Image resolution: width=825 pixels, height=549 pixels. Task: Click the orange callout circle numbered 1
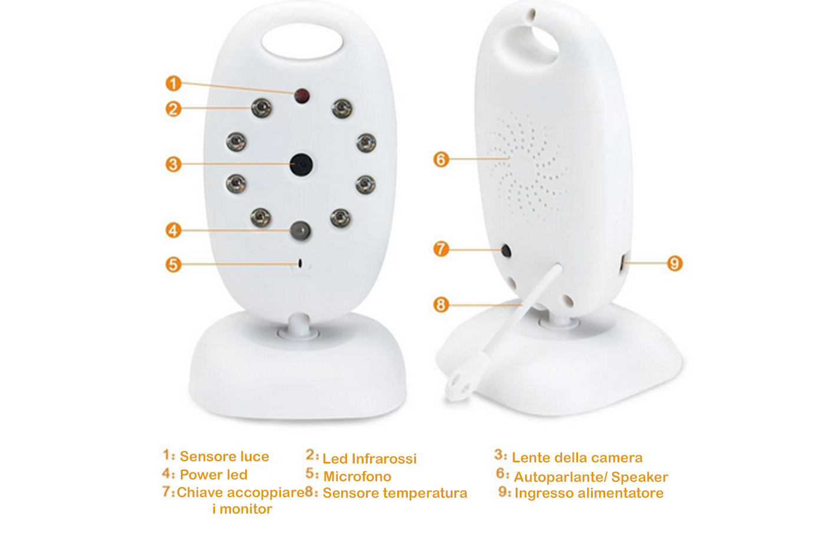(x=173, y=84)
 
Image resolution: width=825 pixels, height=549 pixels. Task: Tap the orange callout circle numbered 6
(x=441, y=160)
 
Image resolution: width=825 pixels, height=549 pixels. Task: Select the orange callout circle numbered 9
(x=675, y=264)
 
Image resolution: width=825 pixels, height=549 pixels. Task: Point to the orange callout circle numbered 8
(x=441, y=305)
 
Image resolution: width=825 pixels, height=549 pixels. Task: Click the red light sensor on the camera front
(x=302, y=96)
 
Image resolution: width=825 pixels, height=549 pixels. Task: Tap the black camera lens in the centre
(x=301, y=164)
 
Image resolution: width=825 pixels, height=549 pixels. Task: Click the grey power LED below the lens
(x=301, y=231)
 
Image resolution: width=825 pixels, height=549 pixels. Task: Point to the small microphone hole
(x=300, y=263)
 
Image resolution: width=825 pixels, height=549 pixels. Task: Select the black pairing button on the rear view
(x=506, y=251)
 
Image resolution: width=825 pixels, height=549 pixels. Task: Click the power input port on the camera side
(x=622, y=263)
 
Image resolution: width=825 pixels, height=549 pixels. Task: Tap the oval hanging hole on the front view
(x=302, y=41)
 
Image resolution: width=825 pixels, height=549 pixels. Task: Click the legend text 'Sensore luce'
(x=225, y=457)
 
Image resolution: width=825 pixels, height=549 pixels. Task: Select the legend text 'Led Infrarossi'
(x=369, y=459)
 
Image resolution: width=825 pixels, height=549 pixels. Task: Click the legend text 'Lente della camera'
(x=577, y=458)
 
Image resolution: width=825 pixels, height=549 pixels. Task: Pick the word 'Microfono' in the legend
(x=357, y=477)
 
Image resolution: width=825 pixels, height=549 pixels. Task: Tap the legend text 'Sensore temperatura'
(x=395, y=494)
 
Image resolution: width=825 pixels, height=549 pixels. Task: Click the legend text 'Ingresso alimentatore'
(x=589, y=494)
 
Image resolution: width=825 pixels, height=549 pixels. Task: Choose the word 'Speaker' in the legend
(x=639, y=478)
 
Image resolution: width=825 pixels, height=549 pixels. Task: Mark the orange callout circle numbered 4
(x=173, y=231)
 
